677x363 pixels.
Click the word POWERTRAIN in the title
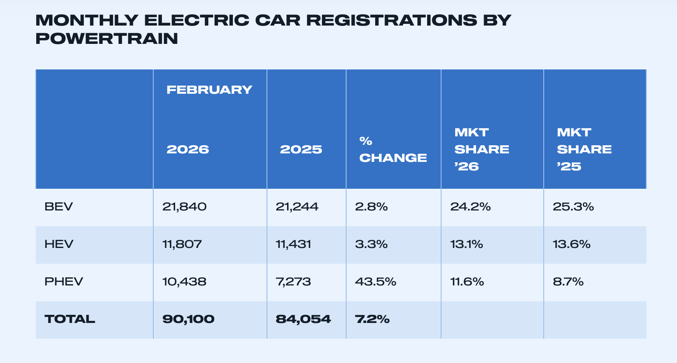(x=106, y=39)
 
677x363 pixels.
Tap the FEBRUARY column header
(x=209, y=90)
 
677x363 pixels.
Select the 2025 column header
(x=301, y=150)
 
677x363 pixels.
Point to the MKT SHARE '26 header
(x=481, y=150)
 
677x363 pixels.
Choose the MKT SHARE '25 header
(x=584, y=150)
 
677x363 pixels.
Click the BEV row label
(x=59, y=207)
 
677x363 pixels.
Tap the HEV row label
(x=59, y=245)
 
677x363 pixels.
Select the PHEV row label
(x=63, y=282)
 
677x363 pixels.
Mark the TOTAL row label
(x=70, y=319)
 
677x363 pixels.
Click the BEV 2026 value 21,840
(x=184, y=207)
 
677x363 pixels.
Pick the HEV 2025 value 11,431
(x=293, y=245)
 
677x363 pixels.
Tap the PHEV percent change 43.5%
(x=376, y=282)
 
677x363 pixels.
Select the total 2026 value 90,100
(x=188, y=319)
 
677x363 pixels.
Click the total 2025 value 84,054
(x=303, y=319)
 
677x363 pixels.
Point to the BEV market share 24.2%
(x=470, y=207)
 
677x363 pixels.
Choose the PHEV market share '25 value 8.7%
(x=568, y=282)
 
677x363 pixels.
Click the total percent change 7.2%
(x=372, y=319)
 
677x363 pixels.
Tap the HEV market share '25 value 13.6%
(x=571, y=245)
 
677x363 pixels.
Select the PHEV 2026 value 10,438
(x=184, y=282)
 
